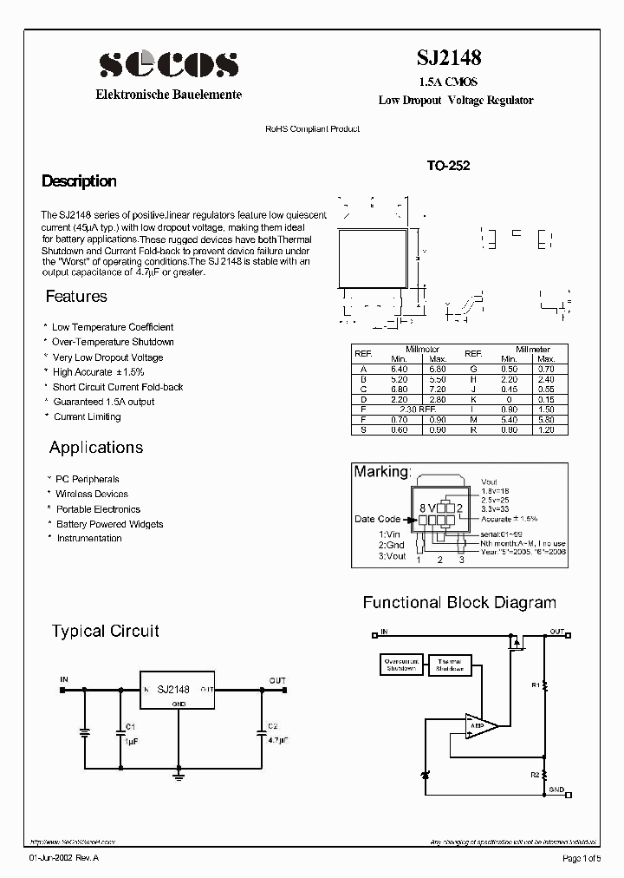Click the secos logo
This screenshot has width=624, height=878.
click(168, 64)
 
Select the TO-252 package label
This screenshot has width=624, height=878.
click(448, 166)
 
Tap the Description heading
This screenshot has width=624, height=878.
click(79, 181)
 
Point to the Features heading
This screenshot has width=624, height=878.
click(76, 297)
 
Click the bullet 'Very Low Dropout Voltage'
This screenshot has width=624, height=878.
click(107, 357)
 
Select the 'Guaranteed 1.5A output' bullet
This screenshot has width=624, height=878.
click(104, 402)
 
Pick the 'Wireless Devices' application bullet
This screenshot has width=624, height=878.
click(92, 494)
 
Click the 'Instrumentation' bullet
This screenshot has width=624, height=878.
click(89, 538)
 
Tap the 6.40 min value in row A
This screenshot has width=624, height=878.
click(399, 369)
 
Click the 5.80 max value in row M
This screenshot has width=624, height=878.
click(546, 418)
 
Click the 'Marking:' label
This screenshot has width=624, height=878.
click(381, 472)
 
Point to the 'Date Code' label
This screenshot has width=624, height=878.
click(377, 519)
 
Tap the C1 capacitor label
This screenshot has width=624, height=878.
click(130, 725)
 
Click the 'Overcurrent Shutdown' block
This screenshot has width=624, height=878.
click(401, 665)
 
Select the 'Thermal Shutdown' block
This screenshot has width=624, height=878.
click(450, 665)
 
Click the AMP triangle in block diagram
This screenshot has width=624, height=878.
click(479, 726)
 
